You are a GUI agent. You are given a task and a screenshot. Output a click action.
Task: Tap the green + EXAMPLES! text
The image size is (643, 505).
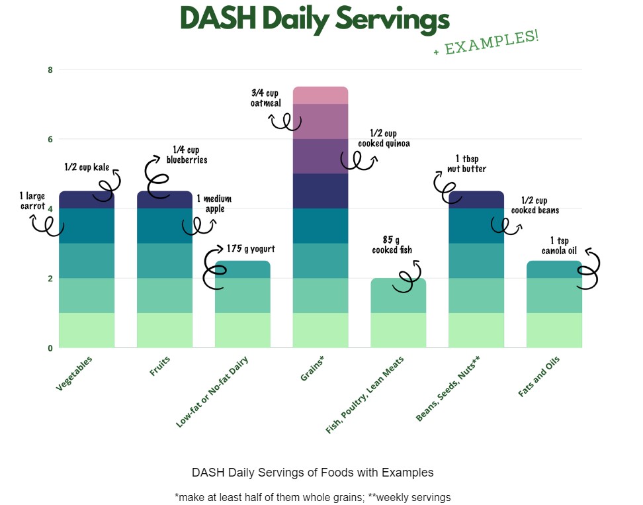[x=486, y=42]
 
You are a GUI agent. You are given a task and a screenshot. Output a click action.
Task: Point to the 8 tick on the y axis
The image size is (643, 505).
[x=50, y=69]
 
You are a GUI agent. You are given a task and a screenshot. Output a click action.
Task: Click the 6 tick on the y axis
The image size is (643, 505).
[x=50, y=139]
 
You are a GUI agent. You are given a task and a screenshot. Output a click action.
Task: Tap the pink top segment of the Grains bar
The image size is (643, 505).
[x=320, y=95]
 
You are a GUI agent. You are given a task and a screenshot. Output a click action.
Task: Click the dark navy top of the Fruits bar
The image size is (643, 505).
[x=164, y=200]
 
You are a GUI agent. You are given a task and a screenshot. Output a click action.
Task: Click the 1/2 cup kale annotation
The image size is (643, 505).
[x=87, y=167]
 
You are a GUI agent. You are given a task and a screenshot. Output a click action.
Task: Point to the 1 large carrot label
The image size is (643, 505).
[x=33, y=201]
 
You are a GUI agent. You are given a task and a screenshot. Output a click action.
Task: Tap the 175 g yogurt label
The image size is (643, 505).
[x=250, y=250]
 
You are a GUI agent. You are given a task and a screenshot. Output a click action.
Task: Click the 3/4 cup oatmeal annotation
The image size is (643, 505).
[x=266, y=98]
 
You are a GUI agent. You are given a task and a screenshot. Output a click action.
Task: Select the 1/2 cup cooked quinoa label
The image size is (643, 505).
[x=384, y=139]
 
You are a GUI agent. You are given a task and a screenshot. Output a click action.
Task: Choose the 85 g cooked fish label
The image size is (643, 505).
[x=392, y=245]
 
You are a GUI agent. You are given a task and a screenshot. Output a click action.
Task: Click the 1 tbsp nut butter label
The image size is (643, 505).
[x=470, y=163]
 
